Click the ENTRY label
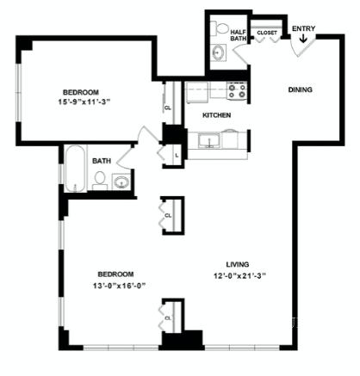click(303, 28)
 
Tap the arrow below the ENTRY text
click(303, 39)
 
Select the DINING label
click(300, 89)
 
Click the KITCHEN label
click(216, 115)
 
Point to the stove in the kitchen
click(237, 90)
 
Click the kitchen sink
click(209, 140)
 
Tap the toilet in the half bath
click(219, 28)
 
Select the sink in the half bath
click(219, 52)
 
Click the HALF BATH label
click(239, 35)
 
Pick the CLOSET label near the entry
click(267, 33)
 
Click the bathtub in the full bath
click(75, 169)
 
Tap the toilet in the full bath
click(100, 181)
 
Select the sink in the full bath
click(121, 182)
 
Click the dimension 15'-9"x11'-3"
click(84, 102)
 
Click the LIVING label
click(238, 264)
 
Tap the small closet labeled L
click(174, 156)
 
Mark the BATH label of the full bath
click(102, 161)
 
